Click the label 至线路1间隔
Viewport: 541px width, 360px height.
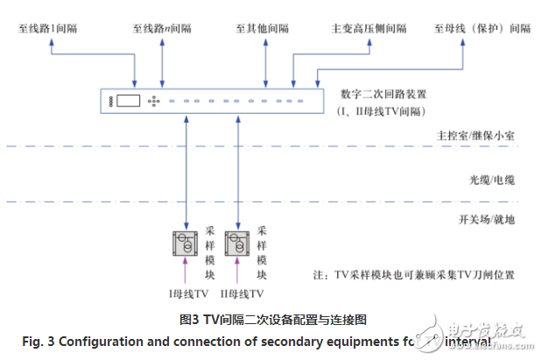(x=48, y=28)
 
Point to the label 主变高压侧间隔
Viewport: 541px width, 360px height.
(x=369, y=28)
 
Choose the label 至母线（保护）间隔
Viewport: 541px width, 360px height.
(x=481, y=28)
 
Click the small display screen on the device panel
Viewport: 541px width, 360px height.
(x=130, y=101)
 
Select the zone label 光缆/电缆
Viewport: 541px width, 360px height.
(x=486, y=179)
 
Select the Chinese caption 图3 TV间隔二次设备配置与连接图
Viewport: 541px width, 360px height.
(x=272, y=320)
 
